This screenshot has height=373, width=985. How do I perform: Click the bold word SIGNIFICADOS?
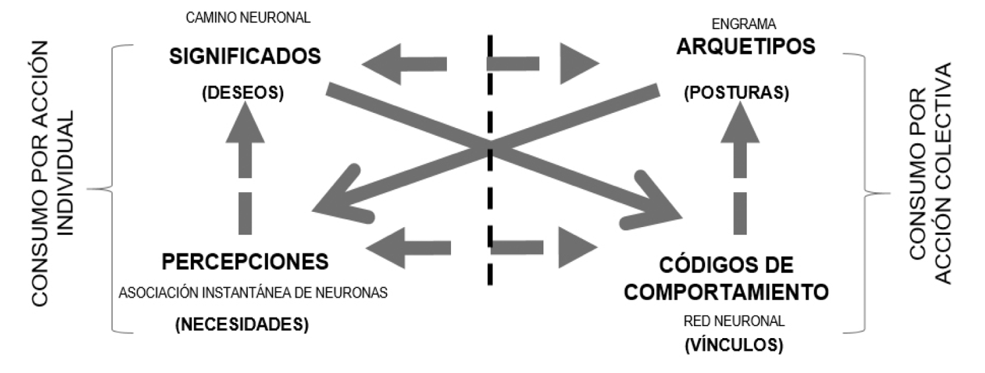coord(245,57)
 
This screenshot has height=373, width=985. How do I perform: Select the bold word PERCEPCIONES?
coord(245,261)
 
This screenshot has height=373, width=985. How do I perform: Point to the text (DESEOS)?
coord(242,93)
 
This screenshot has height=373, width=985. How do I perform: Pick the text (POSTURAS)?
coord(736,93)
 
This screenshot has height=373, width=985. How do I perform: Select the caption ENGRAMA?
coord(743,24)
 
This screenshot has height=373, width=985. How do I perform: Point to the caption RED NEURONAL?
coord(734,322)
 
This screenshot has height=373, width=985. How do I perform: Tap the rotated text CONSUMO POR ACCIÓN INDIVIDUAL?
coord(56,174)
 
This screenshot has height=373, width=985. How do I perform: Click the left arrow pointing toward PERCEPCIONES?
coord(408,248)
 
